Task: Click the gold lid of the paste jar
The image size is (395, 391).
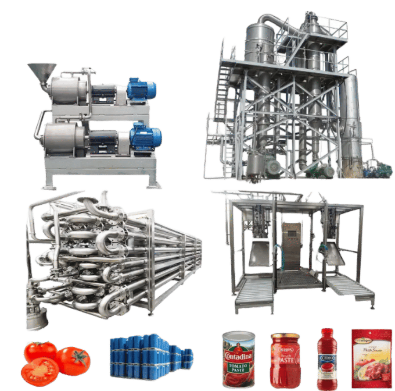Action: click(285, 336)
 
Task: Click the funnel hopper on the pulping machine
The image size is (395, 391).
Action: click(42, 72)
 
